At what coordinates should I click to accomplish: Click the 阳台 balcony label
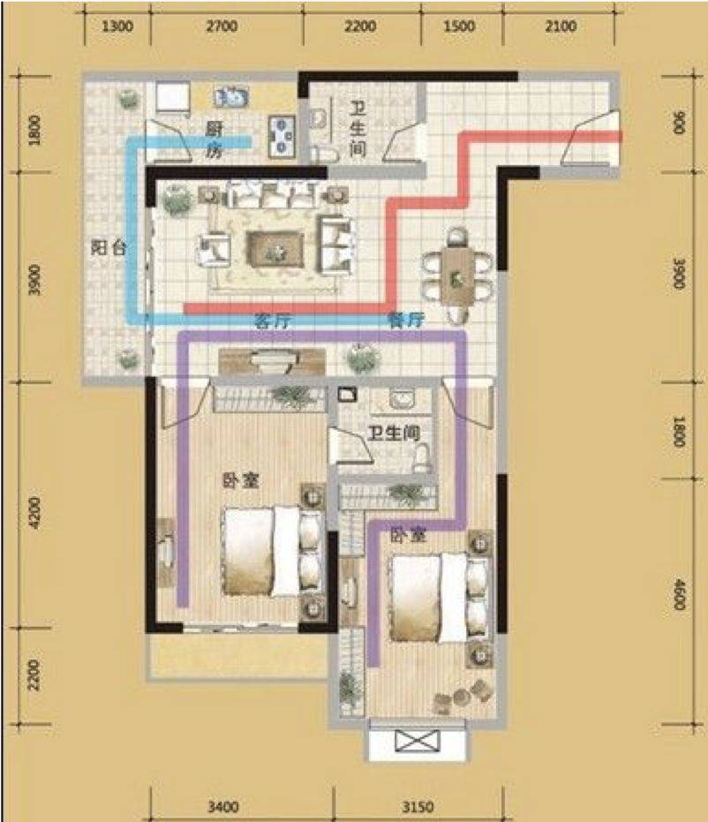(x=109, y=247)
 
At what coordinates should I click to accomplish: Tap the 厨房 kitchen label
(x=214, y=140)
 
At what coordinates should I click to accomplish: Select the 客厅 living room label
(x=273, y=321)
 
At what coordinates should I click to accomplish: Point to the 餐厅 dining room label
(x=406, y=320)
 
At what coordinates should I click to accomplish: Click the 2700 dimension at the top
(x=222, y=26)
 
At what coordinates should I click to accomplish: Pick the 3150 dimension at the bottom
(x=418, y=806)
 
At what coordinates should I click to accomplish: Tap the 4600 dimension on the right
(x=679, y=594)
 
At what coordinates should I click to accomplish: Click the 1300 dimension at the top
(x=117, y=26)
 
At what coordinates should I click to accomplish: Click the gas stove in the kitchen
(x=282, y=136)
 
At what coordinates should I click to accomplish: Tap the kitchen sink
(x=231, y=97)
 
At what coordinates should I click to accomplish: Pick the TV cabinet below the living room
(x=272, y=360)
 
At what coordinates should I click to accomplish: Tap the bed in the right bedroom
(x=439, y=598)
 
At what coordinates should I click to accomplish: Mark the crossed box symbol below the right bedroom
(x=418, y=742)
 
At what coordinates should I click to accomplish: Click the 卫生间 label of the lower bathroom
(x=394, y=433)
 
